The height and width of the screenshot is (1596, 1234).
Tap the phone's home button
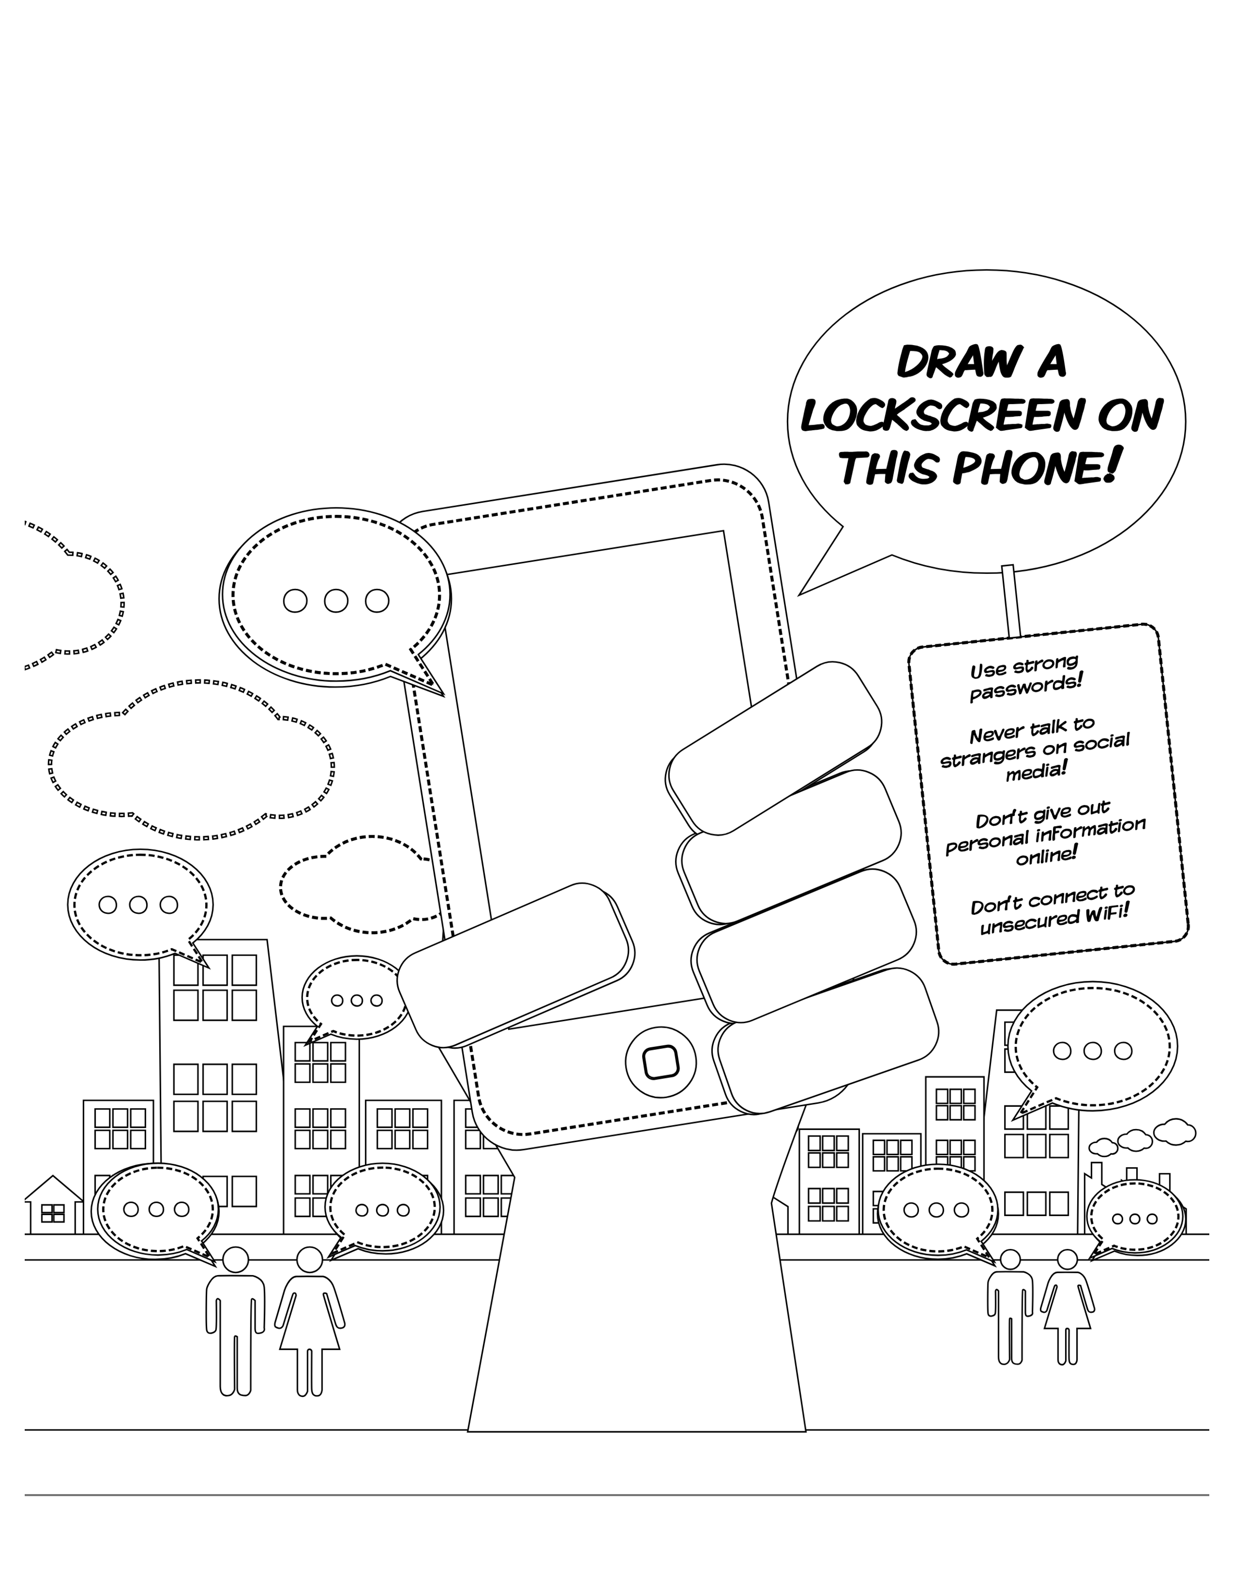point(661,1062)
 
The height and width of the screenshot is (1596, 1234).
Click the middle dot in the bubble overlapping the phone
point(336,601)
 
